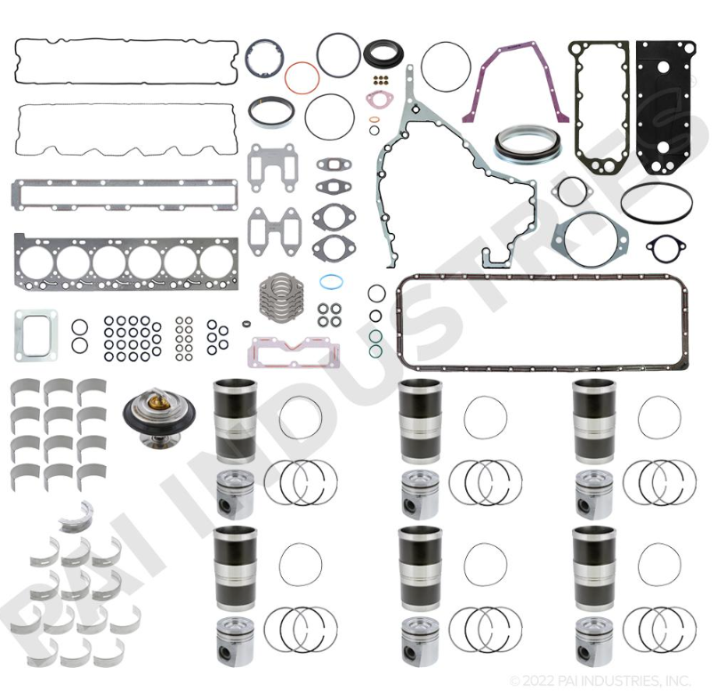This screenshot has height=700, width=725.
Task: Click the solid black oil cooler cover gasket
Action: tap(665, 108)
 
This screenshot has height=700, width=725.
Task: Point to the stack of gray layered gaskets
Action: tap(279, 296)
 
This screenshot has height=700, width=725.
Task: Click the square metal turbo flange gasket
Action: tap(36, 334)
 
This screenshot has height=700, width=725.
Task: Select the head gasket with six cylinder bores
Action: tap(125, 261)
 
